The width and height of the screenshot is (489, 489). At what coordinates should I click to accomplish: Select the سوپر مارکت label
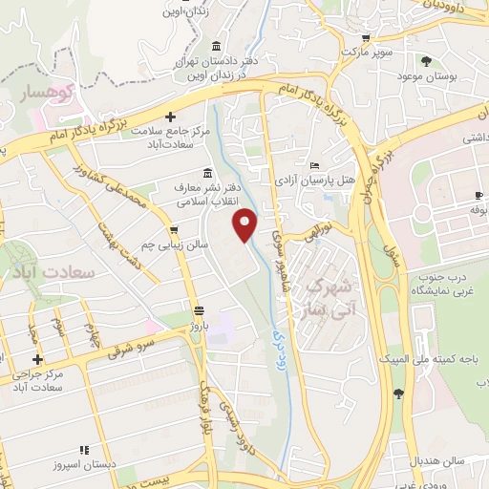[344, 50]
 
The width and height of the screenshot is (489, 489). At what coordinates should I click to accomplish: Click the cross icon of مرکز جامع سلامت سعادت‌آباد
[170, 129]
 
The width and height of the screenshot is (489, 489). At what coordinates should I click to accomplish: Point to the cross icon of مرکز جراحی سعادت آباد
[37, 360]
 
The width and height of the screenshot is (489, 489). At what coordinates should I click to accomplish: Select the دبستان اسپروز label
[84, 465]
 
